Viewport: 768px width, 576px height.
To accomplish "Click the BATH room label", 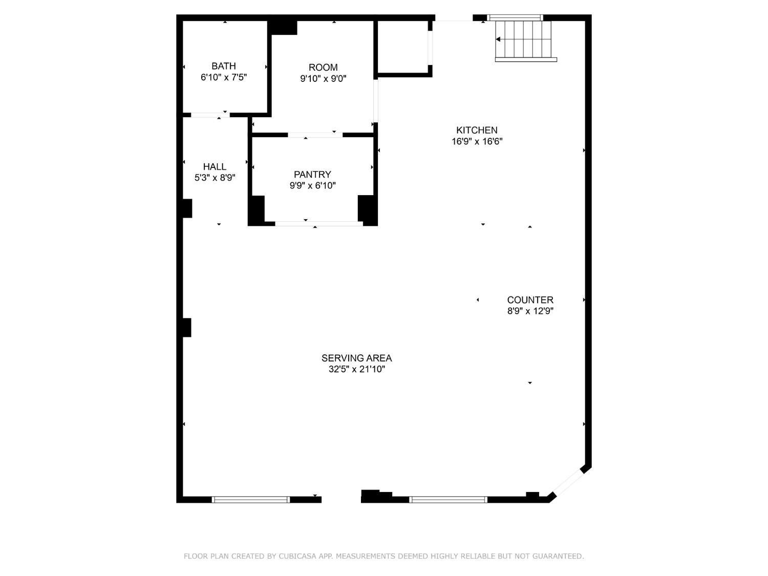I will tap(224, 66).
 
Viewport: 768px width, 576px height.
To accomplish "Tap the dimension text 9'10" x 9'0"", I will tap(323, 79).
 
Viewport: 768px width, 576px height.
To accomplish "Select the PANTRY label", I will tap(312, 175).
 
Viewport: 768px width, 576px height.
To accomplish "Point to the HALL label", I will tap(215, 166).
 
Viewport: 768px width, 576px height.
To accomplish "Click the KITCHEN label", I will tap(477, 130).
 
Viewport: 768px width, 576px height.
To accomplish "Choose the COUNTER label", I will tap(530, 300).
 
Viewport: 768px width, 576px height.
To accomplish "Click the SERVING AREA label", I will tap(356, 358).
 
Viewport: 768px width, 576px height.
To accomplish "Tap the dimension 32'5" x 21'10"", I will tap(356, 369).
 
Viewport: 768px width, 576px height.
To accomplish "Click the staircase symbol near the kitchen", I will tap(525, 40).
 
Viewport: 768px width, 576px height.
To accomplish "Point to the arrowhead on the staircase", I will tap(498, 39).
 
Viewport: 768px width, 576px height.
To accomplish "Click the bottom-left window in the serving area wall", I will tap(250, 500).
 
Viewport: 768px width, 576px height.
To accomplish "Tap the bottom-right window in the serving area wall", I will tap(448, 500).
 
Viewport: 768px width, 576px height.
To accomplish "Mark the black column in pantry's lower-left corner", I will tap(257, 209).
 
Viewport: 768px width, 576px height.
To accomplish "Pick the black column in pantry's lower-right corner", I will tap(367, 209).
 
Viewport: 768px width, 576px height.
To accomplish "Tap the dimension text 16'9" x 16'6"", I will tap(477, 141).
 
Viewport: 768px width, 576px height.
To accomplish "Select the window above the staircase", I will tap(515, 18).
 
